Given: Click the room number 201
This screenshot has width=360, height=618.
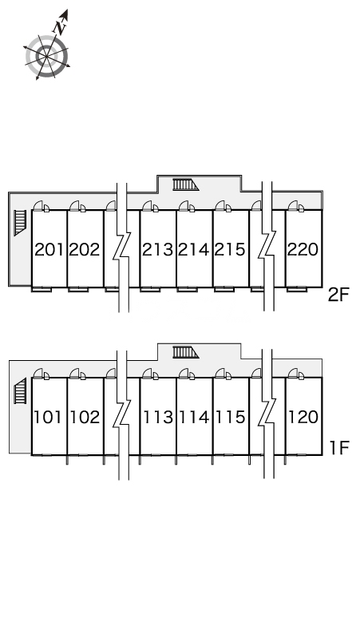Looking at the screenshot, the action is tap(49, 249).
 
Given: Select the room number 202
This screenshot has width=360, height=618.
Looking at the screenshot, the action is tap(85, 249).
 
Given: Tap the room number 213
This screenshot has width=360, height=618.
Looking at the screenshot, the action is tap(157, 249).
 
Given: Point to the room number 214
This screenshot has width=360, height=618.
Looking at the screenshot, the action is tap(194, 249).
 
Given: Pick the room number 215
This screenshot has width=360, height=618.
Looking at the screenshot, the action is tap(230, 249).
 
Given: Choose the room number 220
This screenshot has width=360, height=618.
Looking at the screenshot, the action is tap(303, 249).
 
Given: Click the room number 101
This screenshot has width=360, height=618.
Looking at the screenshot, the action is tap(48, 417).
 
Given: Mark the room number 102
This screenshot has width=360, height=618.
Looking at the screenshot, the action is tap(85, 417).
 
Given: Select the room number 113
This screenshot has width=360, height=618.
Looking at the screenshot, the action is tap(157, 417).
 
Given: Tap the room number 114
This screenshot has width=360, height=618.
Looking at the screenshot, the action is tap(194, 417).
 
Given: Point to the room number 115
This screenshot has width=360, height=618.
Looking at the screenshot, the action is tap(230, 417).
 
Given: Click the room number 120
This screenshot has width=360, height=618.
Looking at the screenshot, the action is tap(303, 417).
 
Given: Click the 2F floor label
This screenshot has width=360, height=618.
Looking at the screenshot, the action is tap(338, 295).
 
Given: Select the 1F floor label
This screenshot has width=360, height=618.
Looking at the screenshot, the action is tap(339, 448).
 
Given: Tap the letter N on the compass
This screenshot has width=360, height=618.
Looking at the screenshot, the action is tap(60, 28).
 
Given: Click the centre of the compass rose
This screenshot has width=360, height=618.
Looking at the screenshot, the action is tap(47, 57).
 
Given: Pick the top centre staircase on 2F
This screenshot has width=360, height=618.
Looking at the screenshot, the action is tap(185, 184).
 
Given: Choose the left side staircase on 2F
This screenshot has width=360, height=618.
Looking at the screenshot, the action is tap(20, 223).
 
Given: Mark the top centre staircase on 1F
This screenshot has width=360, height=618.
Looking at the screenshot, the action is tap(185, 352).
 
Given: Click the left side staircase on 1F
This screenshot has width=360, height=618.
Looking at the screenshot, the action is tap(20, 390).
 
